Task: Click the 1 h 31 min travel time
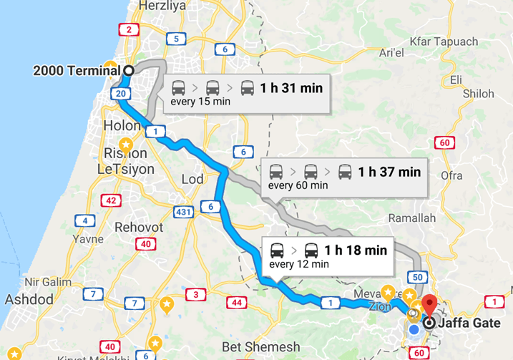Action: (x=291, y=89)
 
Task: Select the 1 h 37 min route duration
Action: (x=389, y=172)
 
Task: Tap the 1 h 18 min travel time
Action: (x=356, y=250)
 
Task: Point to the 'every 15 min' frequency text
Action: (x=200, y=102)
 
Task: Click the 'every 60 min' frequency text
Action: (x=298, y=185)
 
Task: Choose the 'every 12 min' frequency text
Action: (x=298, y=264)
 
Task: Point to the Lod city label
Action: (x=193, y=179)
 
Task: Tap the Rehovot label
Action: (x=140, y=227)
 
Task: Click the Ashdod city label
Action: (x=29, y=298)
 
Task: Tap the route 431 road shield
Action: (x=182, y=212)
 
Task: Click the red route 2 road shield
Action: (x=128, y=29)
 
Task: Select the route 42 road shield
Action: (x=111, y=200)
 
